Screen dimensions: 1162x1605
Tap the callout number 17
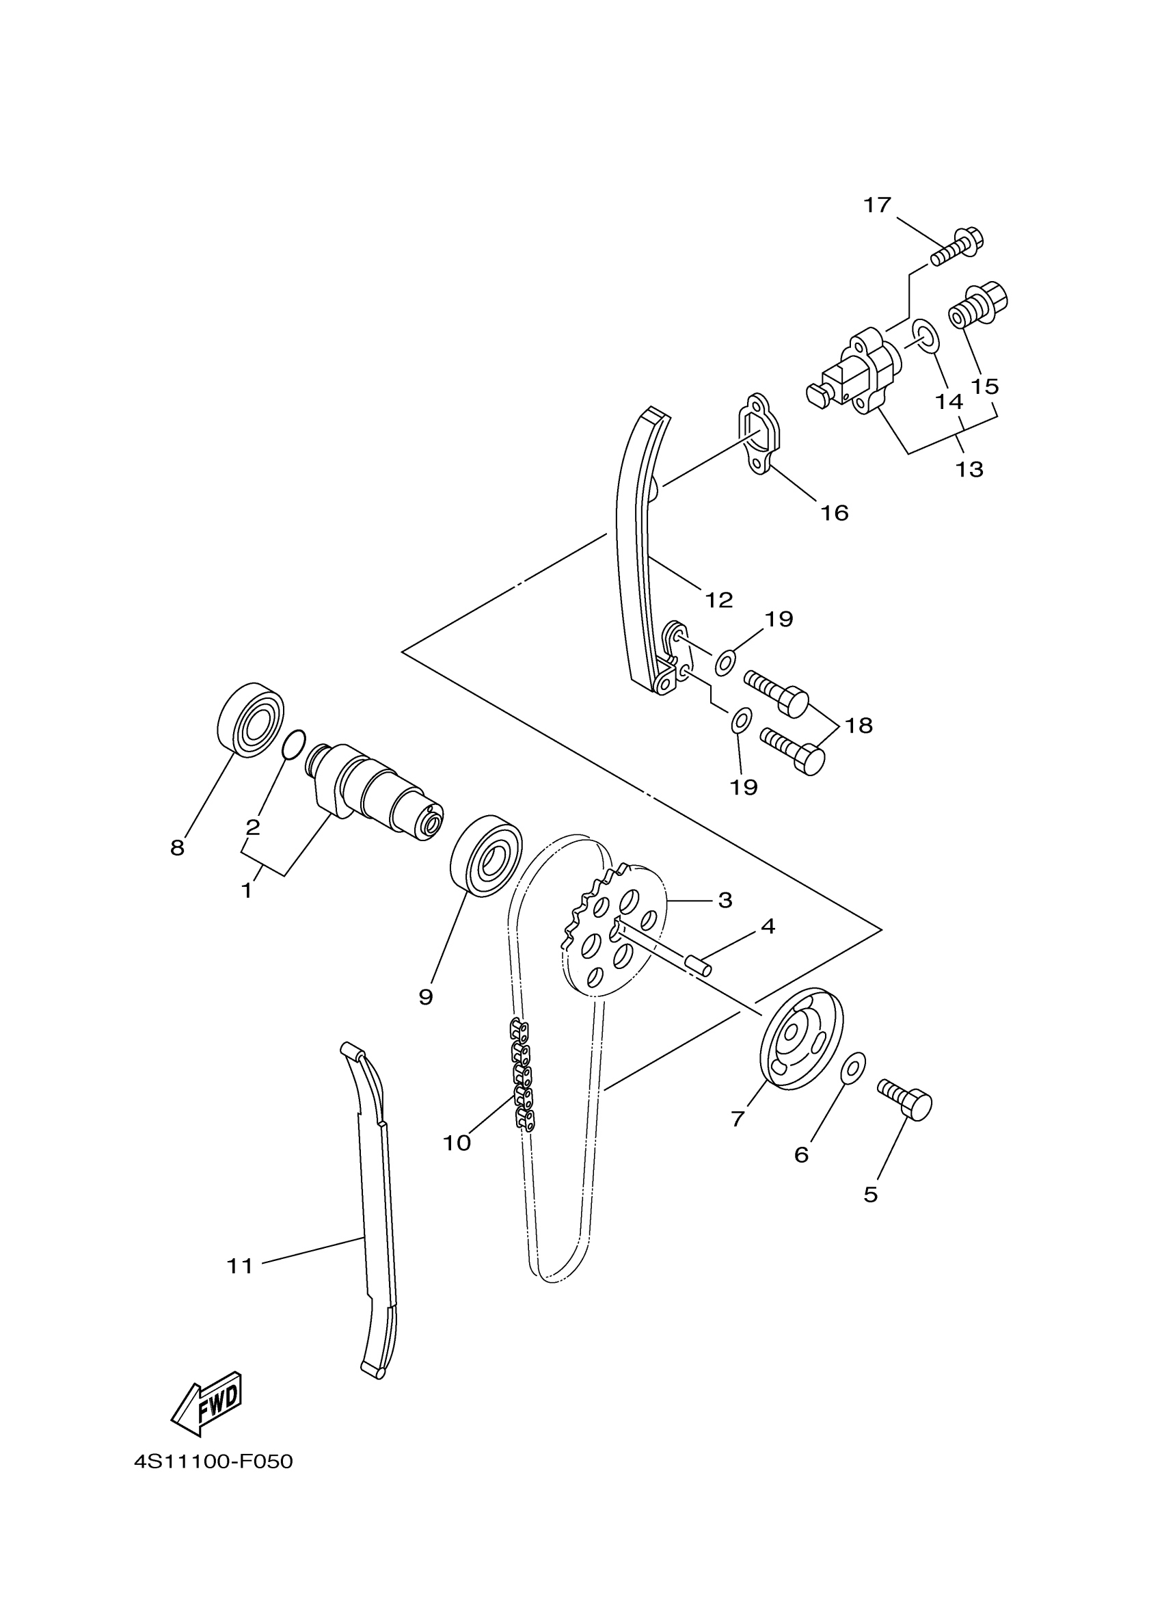point(877,205)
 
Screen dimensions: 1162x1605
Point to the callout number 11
point(240,1265)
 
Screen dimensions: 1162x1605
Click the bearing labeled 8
point(249,720)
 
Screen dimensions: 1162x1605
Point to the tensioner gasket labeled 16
point(759,435)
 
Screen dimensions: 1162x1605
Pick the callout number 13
point(970,468)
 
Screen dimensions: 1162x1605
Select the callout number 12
point(718,600)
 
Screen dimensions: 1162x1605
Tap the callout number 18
point(859,726)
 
